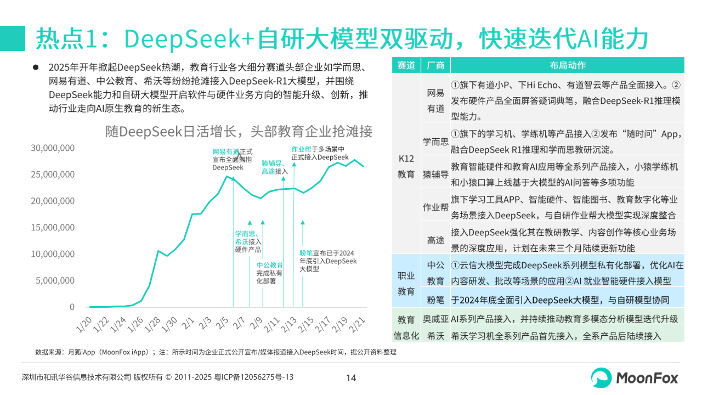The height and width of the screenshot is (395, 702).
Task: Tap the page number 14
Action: pos(351,377)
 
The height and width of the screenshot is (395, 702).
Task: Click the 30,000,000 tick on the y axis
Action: pos(53,148)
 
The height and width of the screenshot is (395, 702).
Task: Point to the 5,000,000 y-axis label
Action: pos(56,280)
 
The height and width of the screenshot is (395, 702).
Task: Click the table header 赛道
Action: pos(406,65)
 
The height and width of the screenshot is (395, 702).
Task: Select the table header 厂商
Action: pos(435,65)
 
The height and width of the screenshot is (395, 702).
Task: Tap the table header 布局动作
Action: pos(567,65)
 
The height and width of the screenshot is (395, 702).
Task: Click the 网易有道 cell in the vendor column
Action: pos(435,101)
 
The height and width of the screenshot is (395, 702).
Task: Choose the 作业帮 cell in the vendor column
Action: pos(435,207)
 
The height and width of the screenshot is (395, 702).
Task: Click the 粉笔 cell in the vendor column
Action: pos(435,300)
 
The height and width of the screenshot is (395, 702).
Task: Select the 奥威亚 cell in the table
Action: pos(435,319)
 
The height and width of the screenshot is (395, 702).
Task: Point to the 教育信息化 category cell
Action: pos(406,328)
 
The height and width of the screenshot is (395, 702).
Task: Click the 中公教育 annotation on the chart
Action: pos(269,273)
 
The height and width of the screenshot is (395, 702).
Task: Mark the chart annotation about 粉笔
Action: pos(327,261)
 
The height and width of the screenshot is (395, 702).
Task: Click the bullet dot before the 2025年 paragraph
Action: pos(36,67)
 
